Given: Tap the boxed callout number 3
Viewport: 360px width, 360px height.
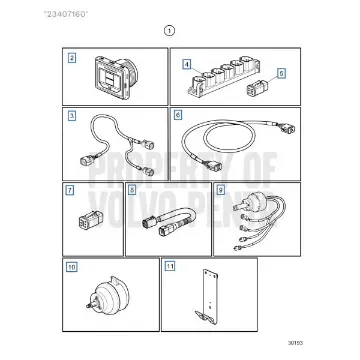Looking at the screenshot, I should pos(72,117).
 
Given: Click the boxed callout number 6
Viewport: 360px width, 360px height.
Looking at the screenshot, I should pos(178,117).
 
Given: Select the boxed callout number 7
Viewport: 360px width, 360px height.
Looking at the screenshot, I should pos(69,190).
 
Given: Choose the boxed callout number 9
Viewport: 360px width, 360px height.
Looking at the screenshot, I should pos(221,190).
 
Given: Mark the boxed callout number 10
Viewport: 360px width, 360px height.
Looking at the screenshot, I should pos(70,267).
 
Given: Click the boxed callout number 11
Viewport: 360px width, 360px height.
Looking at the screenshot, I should pos(170,267).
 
